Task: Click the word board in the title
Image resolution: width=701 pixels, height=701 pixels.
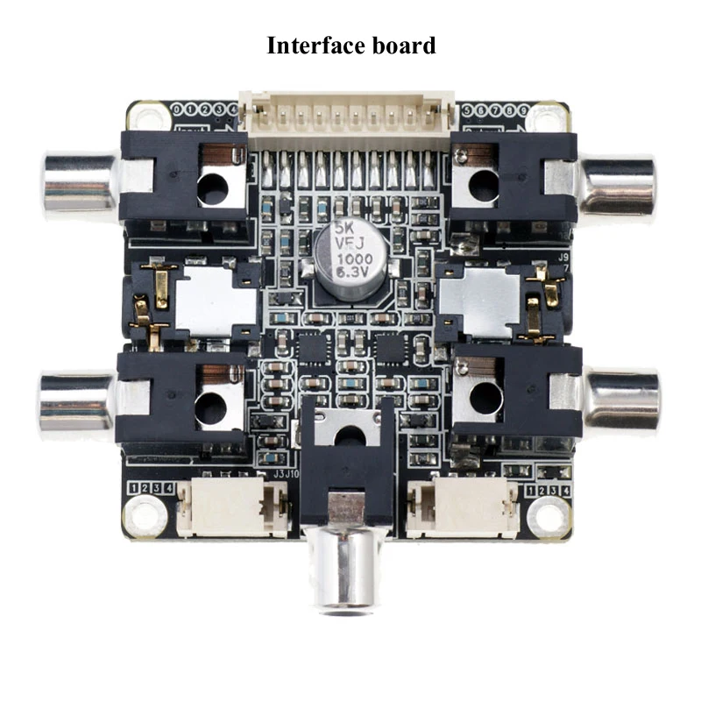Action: tap(406, 46)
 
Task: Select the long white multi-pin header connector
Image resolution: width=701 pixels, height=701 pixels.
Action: tap(349, 112)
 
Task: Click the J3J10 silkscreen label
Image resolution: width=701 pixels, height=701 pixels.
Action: tap(287, 474)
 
